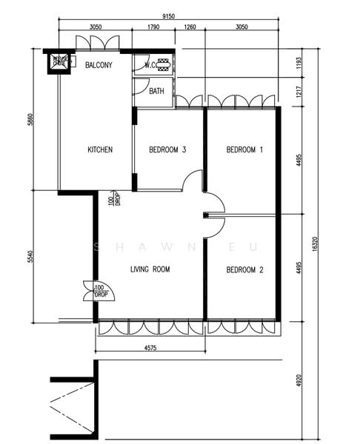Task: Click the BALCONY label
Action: (x=99, y=65)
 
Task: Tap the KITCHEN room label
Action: (x=100, y=150)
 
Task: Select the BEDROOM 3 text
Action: (x=167, y=150)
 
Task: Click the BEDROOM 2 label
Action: (x=244, y=270)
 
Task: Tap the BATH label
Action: (x=157, y=92)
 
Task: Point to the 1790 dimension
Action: (x=153, y=27)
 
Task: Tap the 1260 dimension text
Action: (x=189, y=27)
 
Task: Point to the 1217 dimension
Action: (x=299, y=95)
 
